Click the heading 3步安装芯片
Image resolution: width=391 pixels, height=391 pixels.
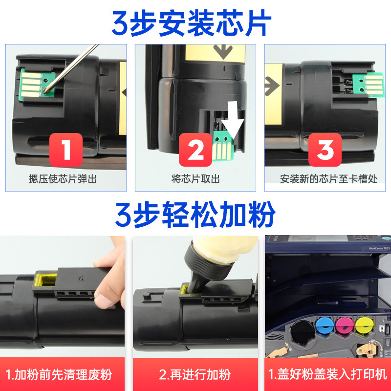192,23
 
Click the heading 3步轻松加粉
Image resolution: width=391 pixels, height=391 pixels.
195,215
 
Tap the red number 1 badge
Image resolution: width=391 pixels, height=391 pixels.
66,150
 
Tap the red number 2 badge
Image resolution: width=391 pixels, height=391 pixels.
195,150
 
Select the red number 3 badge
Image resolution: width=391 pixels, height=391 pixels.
325,150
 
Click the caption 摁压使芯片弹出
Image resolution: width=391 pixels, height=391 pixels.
63,179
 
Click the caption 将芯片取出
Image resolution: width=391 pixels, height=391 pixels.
195,179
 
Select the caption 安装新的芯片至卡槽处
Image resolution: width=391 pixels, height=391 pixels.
328,179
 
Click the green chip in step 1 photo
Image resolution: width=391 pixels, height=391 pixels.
37,84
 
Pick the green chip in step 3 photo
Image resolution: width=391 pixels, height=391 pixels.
368,85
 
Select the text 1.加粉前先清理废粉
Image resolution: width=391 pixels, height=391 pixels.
59,374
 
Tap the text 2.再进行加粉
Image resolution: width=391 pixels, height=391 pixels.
195,374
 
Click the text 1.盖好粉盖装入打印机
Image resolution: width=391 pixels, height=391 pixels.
327,374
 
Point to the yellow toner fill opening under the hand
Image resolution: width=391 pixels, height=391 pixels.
45,281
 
